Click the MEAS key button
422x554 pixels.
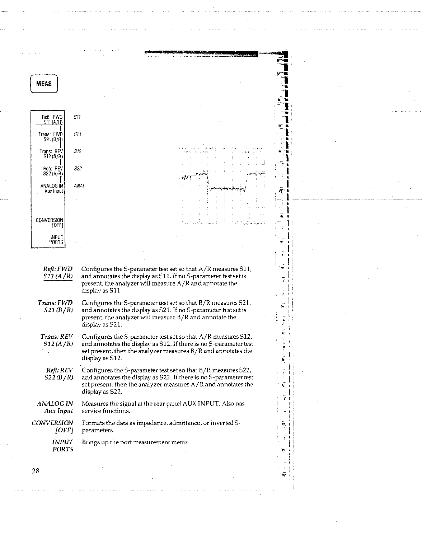(x=44, y=84)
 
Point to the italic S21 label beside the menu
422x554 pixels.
(x=77, y=134)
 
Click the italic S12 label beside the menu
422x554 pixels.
(x=77, y=151)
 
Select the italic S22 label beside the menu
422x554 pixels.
(x=77, y=169)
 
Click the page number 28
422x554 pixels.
(x=35, y=471)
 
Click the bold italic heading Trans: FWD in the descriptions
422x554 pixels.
(x=55, y=303)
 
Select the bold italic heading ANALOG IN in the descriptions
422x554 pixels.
(x=55, y=404)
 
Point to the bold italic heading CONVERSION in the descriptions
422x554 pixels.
(x=52, y=423)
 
